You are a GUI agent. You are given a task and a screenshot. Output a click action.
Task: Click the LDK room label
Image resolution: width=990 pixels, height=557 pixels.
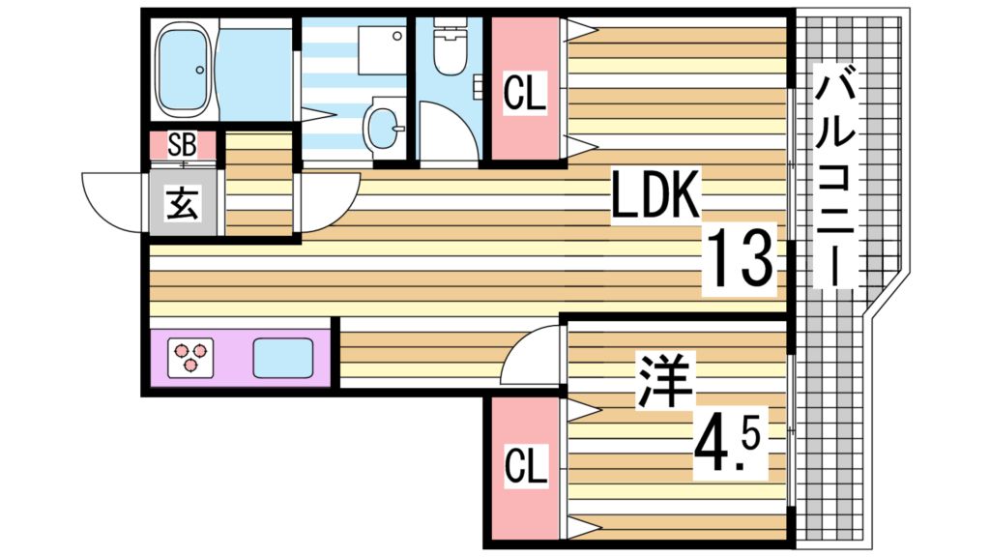[655, 197]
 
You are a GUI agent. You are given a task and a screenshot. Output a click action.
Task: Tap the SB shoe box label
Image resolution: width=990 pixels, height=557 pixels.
[182, 146]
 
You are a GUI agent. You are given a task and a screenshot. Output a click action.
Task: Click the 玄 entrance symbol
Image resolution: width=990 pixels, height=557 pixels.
[182, 204]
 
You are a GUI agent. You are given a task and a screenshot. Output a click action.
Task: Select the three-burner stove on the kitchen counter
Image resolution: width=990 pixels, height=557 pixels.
[190, 358]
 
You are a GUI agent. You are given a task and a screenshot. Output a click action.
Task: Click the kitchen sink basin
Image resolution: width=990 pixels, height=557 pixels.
[282, 358]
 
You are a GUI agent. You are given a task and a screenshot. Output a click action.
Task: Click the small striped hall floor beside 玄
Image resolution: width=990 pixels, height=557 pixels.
[258, 184]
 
